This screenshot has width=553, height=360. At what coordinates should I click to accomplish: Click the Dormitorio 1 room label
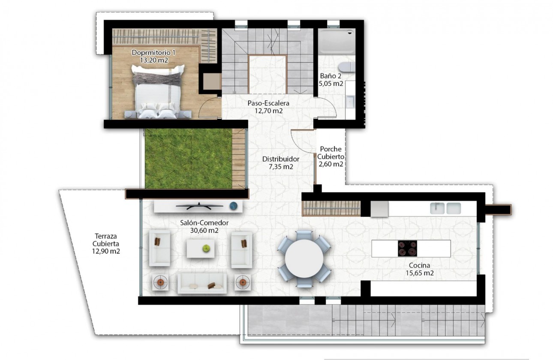click(x=153, y=52)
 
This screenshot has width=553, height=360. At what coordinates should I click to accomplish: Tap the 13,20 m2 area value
click(x=153, y=60)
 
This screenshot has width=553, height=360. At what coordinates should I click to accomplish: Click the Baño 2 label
click(x=331, y=76)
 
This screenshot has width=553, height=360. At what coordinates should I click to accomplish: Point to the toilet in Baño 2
click(x=346, y=67)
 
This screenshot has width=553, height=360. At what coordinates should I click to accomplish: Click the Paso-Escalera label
click(x=268, y=103)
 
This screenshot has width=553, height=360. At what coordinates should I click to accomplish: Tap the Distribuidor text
click(x=281, y=159)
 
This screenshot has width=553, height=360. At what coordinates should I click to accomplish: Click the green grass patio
click(x=189, y=159)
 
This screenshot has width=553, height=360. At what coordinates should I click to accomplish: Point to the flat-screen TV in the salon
click(x=201, y=206)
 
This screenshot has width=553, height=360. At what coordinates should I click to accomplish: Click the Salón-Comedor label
click(x=204, y=223)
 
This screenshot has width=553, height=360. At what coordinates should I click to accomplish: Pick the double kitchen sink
click(x=445, y=208)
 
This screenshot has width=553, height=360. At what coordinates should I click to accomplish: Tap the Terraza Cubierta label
click(x=106, y=243)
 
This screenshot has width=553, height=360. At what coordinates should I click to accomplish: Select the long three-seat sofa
click(x=202, y=283)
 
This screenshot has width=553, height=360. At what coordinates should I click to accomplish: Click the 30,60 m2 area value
click(x=204, y=230)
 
